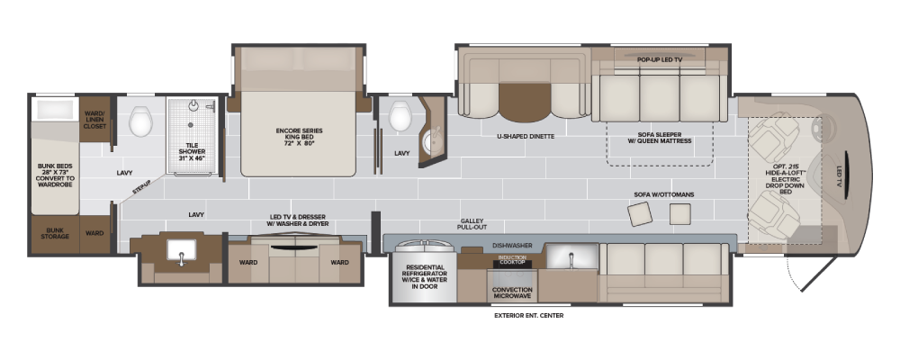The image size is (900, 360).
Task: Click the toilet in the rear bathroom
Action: (x=140, y=121)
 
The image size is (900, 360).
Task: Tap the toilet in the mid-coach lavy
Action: (x=400, y=115)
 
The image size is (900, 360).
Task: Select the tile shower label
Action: (x=193, y=151)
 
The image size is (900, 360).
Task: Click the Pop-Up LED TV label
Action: (x=660, y=59)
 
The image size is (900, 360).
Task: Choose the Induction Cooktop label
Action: (x=512, y=259)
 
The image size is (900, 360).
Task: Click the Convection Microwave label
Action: (x=513, y=292)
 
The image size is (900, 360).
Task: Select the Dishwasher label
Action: (x=513, y=245)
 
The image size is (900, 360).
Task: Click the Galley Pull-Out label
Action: (x=472, y=224)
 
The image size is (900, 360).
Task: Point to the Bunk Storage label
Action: (x=55, y=233)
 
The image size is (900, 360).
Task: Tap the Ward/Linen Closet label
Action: (x=95, y=119)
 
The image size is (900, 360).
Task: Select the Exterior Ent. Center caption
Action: (x=528, y=315)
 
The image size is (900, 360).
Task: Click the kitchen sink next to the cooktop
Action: (x=571, y=256)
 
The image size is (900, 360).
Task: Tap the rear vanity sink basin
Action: (x=182, y=251)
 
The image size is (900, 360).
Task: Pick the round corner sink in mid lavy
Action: (x=432, y=143)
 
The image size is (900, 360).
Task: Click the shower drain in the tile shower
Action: (x=191, y=124)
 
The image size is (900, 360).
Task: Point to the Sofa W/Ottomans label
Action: (x=663, y=194)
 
